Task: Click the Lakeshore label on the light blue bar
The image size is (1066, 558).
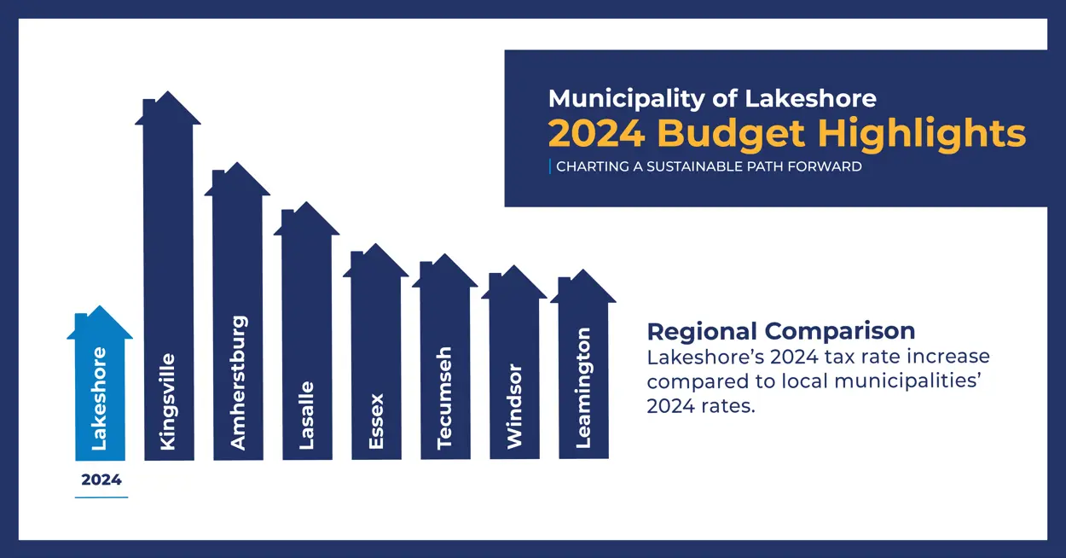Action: tap(100, 398)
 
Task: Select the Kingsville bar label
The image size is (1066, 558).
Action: tap(168, 402)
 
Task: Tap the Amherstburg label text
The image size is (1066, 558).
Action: tap(238, 383)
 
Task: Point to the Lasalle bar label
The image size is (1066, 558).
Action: tap(307, 416)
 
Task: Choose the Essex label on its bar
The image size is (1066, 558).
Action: tap(376, 421)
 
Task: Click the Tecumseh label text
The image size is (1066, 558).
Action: tap(444, 398)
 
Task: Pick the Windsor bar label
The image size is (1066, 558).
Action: tap(514, 406)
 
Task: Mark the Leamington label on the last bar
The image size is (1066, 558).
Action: tap(583, 388)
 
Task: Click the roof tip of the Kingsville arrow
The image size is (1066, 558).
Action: tap(168, 95)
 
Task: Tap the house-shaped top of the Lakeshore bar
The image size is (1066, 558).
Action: tap(100, 323)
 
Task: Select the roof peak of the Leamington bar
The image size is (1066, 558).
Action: tap(583, 273)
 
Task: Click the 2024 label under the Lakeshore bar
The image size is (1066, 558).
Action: tap(101, 480)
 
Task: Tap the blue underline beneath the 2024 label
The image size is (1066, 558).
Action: tap(101, 497)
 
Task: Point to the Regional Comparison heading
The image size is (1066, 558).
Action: tap(780, 331)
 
